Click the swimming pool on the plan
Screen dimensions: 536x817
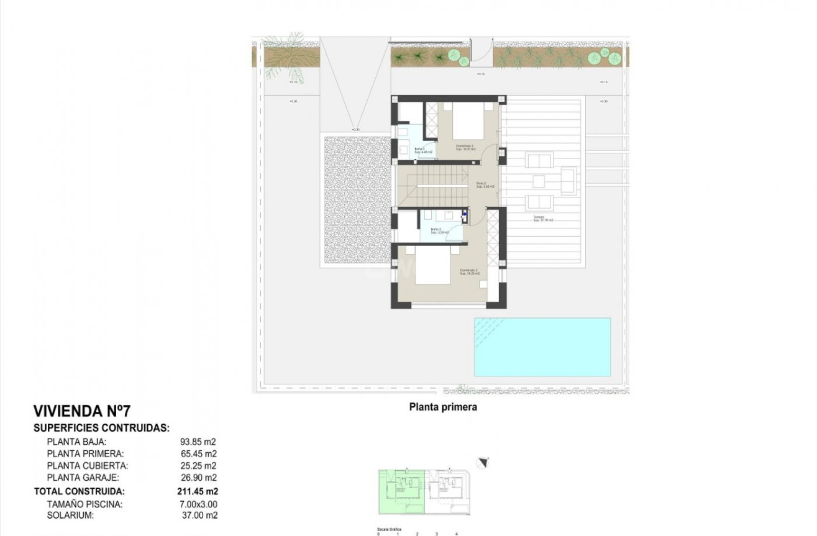pos(542,347)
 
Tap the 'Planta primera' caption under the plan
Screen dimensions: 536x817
pos(443,407)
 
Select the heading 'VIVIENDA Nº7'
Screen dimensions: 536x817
pos(82,411)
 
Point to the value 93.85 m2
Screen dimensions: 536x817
pos(197,442)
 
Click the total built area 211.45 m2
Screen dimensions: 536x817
pos(196,491)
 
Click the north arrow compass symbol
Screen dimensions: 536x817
pos(483,462)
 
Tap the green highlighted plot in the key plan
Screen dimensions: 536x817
pos(401,491)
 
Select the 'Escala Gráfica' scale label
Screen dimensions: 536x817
pos(390,529)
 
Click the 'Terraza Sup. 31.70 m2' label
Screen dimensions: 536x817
pos(543,219)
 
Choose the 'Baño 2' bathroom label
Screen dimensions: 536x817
pos(439,231)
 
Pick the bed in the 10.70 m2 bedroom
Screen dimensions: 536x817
pos(469,120)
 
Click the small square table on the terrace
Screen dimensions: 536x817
pos(538,181)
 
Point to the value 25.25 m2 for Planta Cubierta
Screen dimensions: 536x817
pos(197,466)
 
